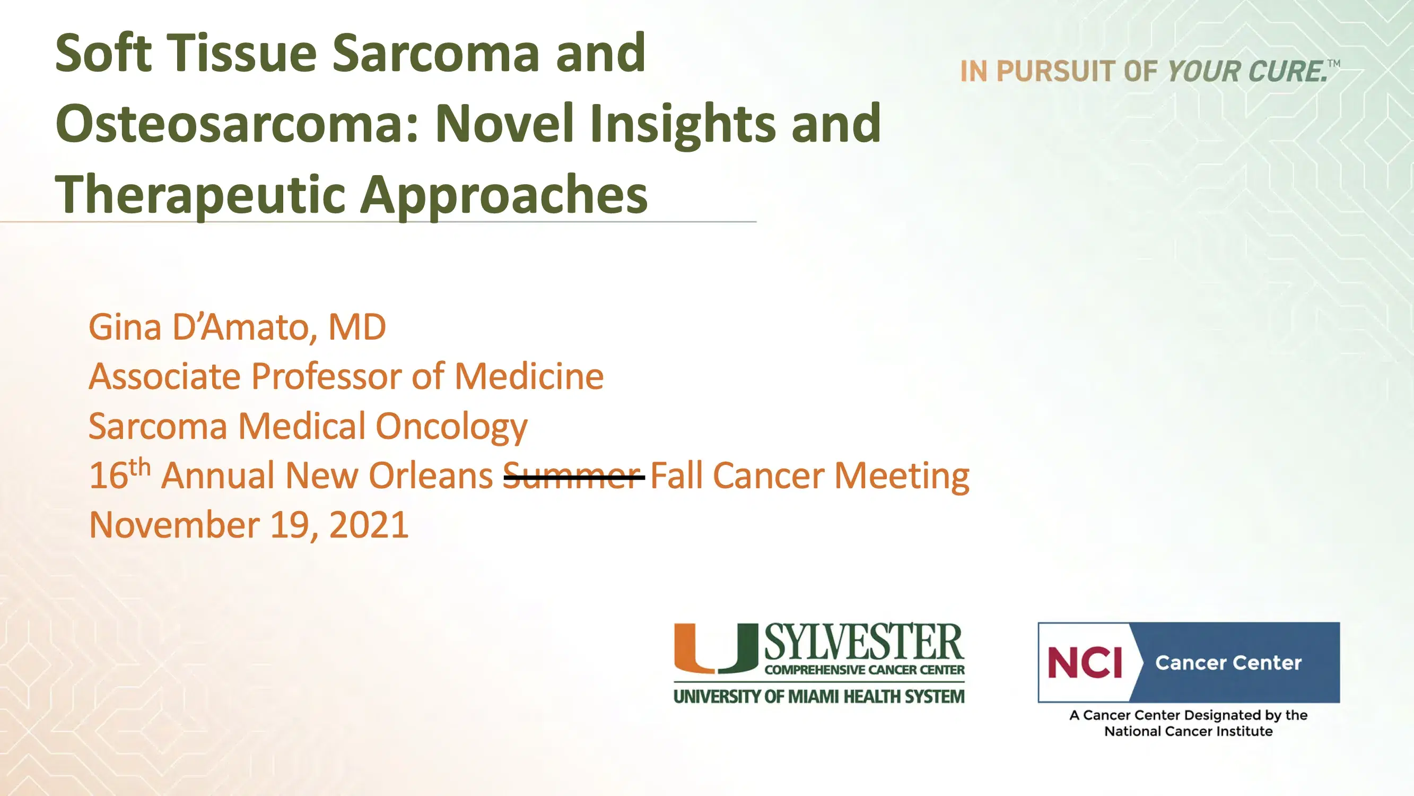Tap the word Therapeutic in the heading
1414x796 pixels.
coord(200,195)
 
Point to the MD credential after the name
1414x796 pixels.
coord(357,327)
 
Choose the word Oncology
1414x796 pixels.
coord(451,427)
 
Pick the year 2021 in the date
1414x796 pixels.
coord(369,525)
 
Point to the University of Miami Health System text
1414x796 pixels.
coord(819,697)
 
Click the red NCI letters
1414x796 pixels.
coord(1085,662)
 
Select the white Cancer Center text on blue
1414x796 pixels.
coord(1228,662)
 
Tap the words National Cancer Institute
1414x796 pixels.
coord(1189,732)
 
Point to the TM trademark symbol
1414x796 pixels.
coord(1334,64)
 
